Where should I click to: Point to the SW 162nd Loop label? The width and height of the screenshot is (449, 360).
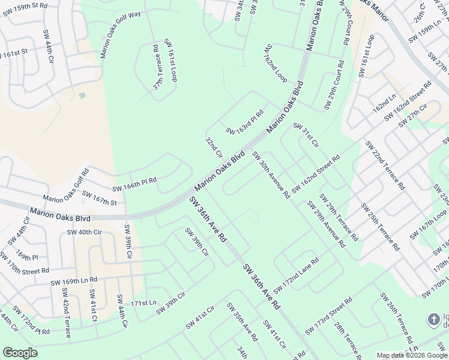[276, 64]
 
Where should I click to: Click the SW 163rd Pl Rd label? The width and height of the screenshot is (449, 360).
[245, 122]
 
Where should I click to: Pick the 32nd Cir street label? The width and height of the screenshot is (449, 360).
[214, 148]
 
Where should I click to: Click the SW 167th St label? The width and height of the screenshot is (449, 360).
[99, 198]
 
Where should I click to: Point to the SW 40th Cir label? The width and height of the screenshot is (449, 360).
[85, 232]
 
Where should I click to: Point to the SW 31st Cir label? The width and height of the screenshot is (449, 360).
[306, 135]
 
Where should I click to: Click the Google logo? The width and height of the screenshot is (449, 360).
[20, 353]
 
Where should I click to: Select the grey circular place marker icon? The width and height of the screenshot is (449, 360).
[433, 319]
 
